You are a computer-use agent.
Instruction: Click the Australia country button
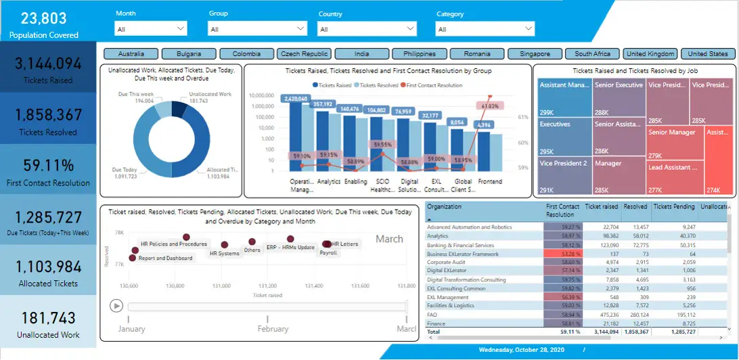[x=131, y=54]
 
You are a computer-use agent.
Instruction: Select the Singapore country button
[x=535, y=54]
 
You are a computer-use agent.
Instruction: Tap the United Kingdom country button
[x=650, y=54]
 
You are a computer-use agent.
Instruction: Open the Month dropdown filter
[x=151, y=29]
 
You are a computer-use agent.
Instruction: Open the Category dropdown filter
[x=485, y=29]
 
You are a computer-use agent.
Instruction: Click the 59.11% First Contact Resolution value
[x=48, y=165]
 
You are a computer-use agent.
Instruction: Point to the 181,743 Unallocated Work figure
[x=48, y=317]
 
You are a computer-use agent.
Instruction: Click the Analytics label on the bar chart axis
[x=329, y=181]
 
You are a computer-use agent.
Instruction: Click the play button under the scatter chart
[x=117, y=306]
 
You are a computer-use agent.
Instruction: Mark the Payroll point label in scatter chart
[x=328, y=252]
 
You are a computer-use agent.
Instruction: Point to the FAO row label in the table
[x=432, y=314]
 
